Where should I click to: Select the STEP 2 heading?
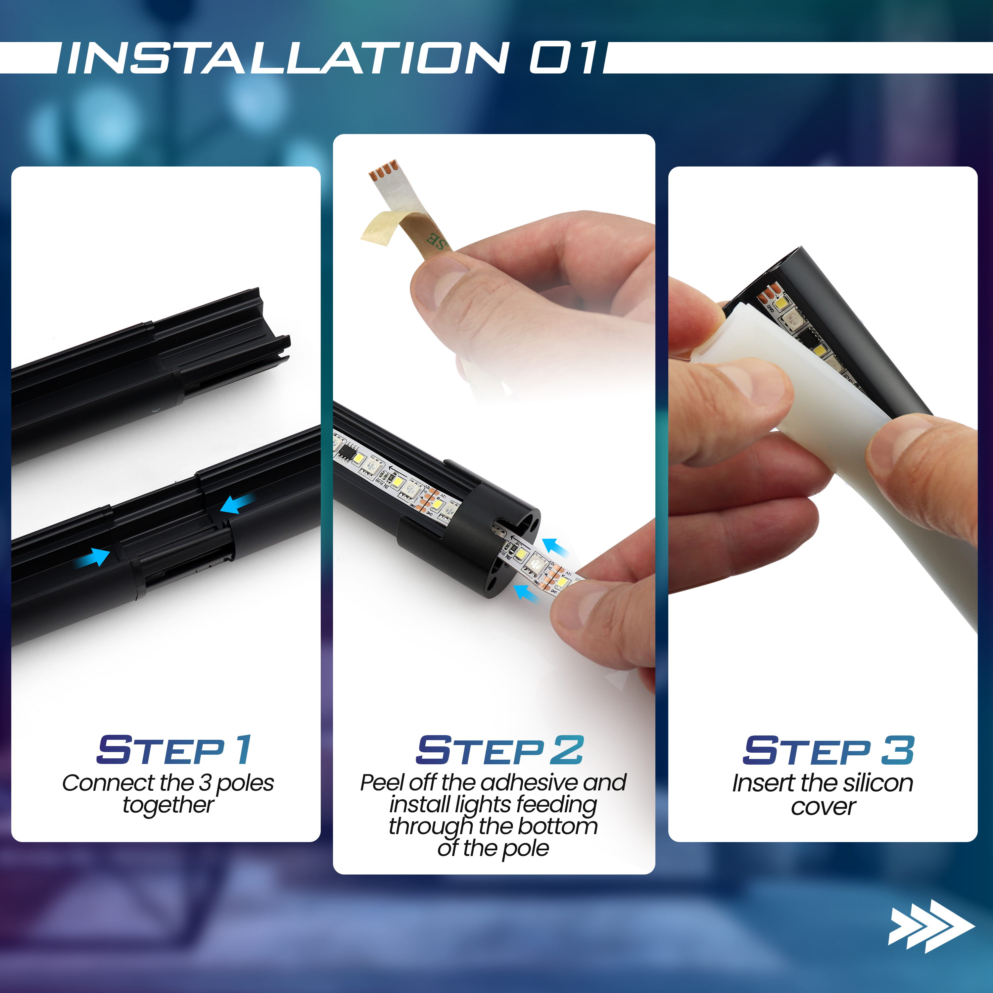pyautogui.click(x=499, y=750)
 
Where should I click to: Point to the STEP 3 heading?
pyautogui.click(x=828, y=750)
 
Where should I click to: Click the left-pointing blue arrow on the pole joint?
pyautogui.click(x=237, y=503)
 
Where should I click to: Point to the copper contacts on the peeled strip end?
pyautogui.click(x=383, y=169)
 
